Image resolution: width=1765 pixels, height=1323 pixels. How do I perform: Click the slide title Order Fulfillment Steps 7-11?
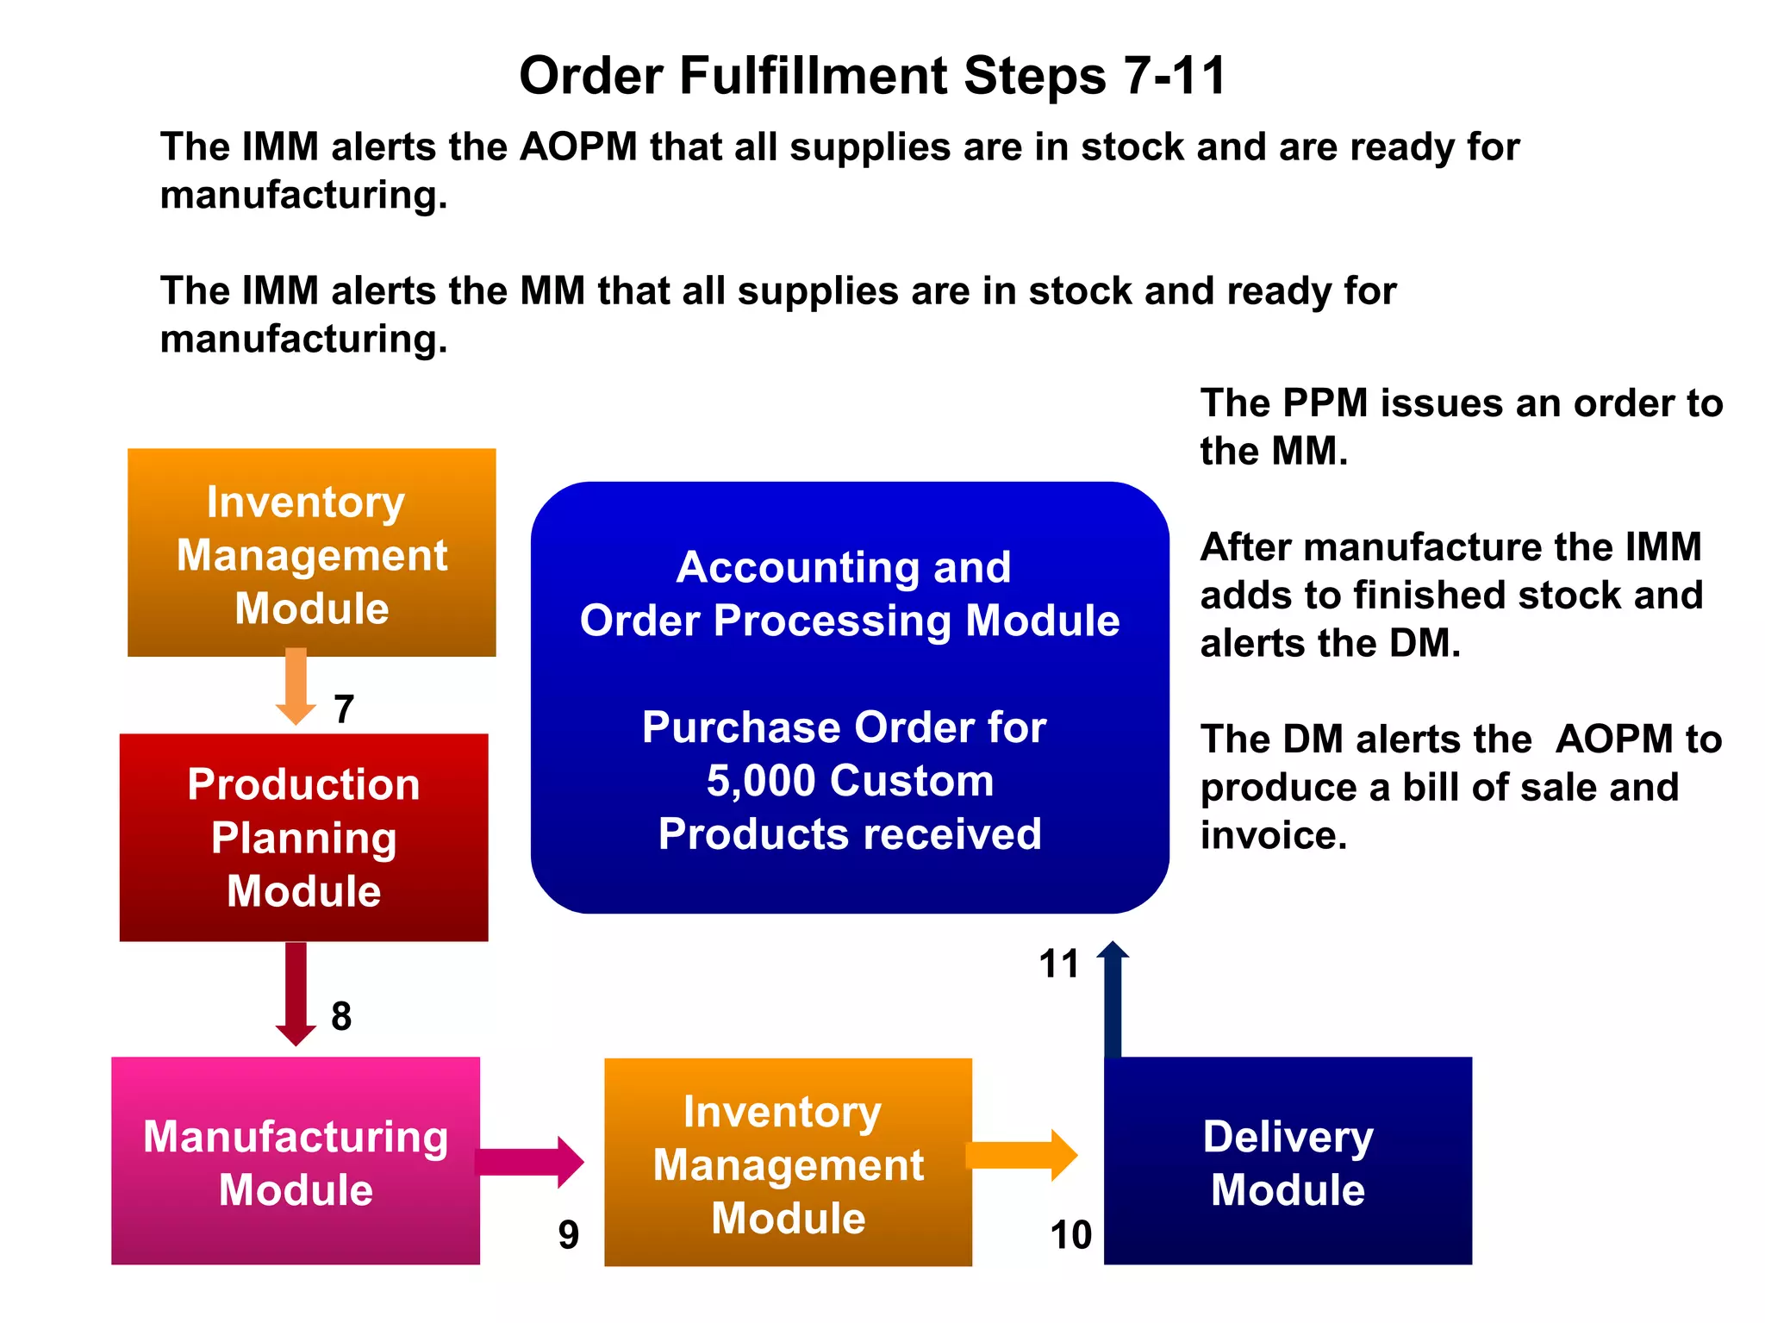click(x=872, y=76)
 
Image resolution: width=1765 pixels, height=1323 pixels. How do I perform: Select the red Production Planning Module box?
click(x=303, y=837)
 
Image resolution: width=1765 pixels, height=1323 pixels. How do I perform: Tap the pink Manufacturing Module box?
click(x=296, y=1161)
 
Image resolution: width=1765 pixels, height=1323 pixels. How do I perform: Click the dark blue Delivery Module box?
click(x=1288, y=1161)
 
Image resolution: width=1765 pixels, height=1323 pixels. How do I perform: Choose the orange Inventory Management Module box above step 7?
click(x=311, y=552)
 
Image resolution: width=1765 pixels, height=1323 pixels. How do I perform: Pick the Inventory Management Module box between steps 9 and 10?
click(x=788, y=1163)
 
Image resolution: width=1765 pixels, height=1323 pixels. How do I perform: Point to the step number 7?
click(x=344, y=709)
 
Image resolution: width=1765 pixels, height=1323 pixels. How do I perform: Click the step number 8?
click(x=341, y=1017)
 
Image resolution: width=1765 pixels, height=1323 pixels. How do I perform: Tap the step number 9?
click(x=568, y=1235)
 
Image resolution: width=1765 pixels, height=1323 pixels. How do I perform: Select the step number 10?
click(x=1070, y=1235)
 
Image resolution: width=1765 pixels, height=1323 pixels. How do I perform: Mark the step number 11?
click(x=1058, y=964)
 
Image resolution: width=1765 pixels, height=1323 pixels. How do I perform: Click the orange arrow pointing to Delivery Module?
click(x=1022, y=1155)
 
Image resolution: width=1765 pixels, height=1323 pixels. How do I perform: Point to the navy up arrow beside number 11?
click(x=1113, y=1000)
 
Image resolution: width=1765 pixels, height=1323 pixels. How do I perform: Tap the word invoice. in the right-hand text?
click(x=1273, y=835)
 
